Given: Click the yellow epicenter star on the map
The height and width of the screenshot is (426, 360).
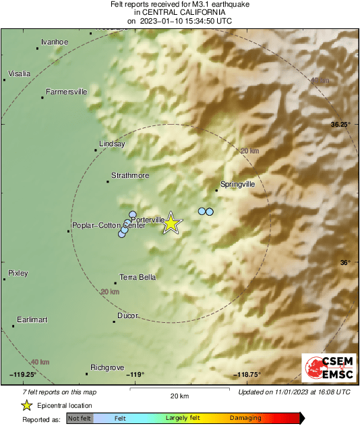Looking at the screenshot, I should pyautogui.click(x=172, y=222).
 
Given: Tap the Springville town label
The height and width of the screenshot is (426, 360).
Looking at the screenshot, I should pyautogui.click(x=238, y=183).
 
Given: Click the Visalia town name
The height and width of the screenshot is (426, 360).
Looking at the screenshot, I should pyautogui.click(x=19, y=73).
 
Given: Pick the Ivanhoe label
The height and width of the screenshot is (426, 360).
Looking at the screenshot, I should pyautogui.click(x=55, y=42).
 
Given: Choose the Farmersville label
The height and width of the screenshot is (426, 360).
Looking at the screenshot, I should pyautogui.click(x=66, y=92).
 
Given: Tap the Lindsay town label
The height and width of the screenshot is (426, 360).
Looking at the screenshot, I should pyautogui.click(x=112, y=144).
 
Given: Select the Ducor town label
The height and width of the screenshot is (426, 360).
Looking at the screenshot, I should pyautogui.click(x=128, y=315).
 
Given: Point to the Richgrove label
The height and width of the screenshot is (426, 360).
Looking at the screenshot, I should pyautogui.click(x=107, y=367).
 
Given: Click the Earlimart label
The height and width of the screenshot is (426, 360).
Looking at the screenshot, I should pyautogui.click(x=32, y=319).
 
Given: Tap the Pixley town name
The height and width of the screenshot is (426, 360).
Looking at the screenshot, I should pyautogui.click(x=18, y=273).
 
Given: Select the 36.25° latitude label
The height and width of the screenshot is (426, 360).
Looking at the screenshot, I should pyautogui.click(x=340, y=125).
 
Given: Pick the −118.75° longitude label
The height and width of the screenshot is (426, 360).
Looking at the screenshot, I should pyautogui.click(x=247, y=375).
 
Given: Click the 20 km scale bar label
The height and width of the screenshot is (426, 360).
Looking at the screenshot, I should pyautogui.click(x=179, y=396).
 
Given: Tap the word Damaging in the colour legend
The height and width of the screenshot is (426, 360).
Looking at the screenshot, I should pyautogui.click(x=245, y=418).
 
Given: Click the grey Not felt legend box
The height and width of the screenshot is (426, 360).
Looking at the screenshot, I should pyautogui.click(x=79, y=418).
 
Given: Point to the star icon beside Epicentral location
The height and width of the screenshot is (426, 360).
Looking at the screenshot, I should pyautogui.click(x=26, y=406).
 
